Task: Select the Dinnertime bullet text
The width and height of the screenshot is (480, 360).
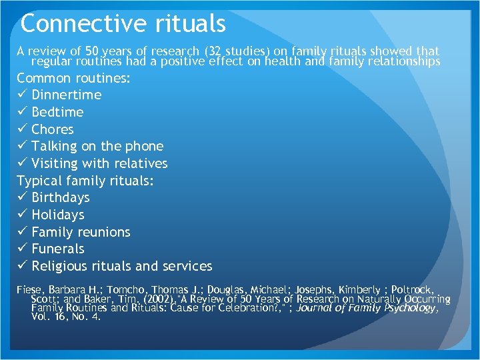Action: (x=67, y=95)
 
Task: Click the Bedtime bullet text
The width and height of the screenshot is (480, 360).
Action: (x=57, y=112)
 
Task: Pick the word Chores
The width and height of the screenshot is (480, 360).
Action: (x=53, y=129)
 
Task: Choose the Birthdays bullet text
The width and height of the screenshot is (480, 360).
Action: (x=61, y=197)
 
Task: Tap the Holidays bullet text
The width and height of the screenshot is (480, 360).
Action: (x=58, y=215)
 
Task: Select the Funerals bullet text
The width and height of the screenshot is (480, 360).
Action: (x=58, y=249)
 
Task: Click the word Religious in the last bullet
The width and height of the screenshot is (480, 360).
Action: (x=61, y=266)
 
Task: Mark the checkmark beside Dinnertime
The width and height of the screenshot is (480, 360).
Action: (x=22, y=95)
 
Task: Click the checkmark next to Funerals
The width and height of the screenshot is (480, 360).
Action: (x=22, y=249)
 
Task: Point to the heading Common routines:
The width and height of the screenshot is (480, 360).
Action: (x=73, y=78)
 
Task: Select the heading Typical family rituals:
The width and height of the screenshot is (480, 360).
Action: (x=86, y=181)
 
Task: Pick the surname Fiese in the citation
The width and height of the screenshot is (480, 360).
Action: (x=30, y=291)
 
